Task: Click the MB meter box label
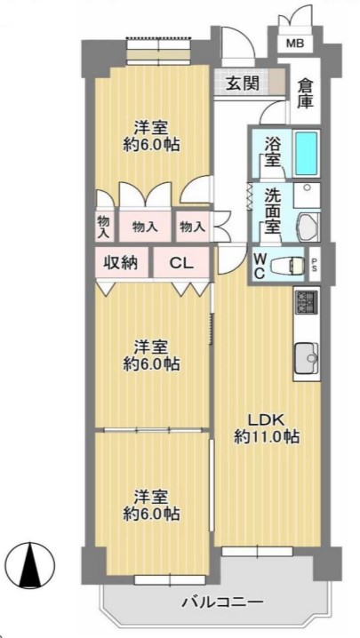pos(294,44)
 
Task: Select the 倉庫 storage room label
pos(305,93)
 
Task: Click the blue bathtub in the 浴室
pos(306,153)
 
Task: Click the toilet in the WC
pos(287,265)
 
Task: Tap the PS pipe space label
pos(314,265)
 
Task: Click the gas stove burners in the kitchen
pos(307,302)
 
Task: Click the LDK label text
pos(266,419)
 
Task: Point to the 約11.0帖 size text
pos(268,436)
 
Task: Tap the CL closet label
pos(181,264)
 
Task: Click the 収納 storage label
pos(122,263)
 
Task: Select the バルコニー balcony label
pos(223,602)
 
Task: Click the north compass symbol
pos(31,566)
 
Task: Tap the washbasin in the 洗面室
pos(308,226)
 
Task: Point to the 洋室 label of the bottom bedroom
pos(151,498)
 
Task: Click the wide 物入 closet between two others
pos(145,227)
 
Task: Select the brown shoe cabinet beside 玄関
pos(277,81)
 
